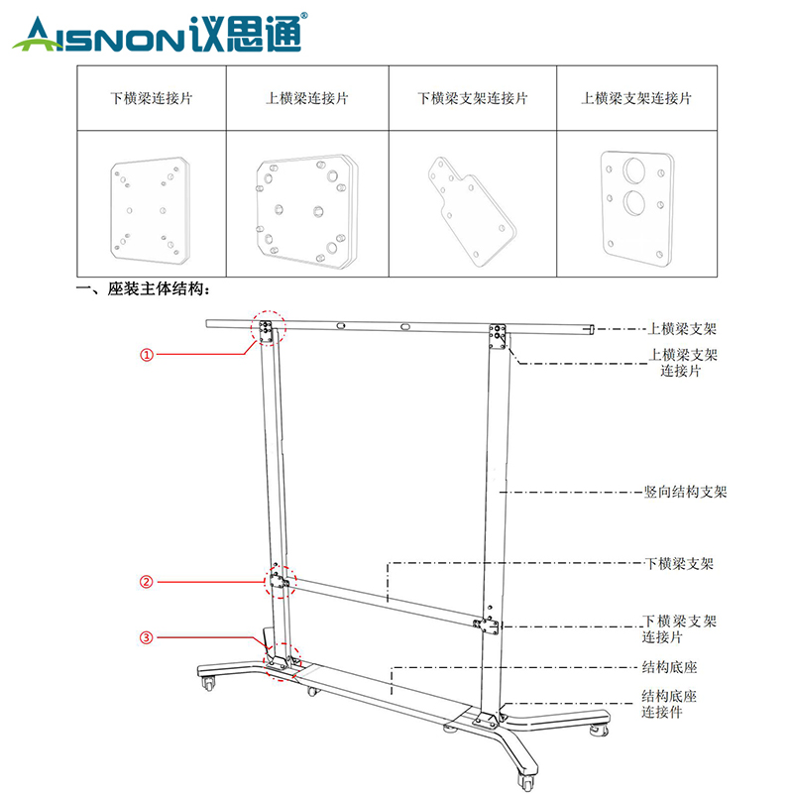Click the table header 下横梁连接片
click(152, 98)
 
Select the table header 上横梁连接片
click(307, 98)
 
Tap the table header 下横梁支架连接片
click(473, 98)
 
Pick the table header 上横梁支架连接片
click(636, 98)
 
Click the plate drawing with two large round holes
click(637, 208)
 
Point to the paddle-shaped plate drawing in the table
click(472, 211)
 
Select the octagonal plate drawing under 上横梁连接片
click(307, 211)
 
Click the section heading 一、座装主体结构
click(143, 288)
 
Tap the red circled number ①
click(146, 355)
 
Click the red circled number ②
click(146, 582)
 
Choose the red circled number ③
click(146, 637)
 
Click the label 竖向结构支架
click(685, 492)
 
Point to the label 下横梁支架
click(679, 563)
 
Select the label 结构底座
click(670, 667)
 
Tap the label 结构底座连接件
click(669, 704)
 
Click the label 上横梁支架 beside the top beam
click(682, 329)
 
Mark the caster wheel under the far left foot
click(208, 683)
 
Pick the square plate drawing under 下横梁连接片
click(151, 211)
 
